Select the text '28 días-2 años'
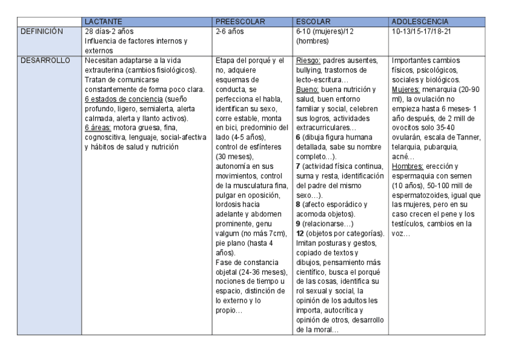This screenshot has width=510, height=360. point(109,31)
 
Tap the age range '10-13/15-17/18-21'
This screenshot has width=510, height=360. point(421,31)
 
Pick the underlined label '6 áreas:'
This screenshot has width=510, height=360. point(98,128)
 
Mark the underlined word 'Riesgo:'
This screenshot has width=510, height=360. point(310,60)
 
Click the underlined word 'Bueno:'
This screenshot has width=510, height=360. point(309,89)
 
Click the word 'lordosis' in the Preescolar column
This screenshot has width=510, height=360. point(229,204)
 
